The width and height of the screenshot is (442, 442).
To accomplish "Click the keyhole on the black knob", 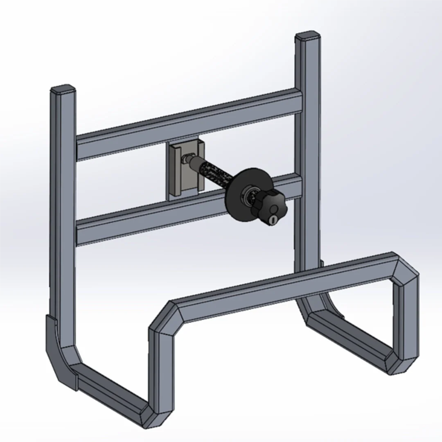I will coord(273,220).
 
